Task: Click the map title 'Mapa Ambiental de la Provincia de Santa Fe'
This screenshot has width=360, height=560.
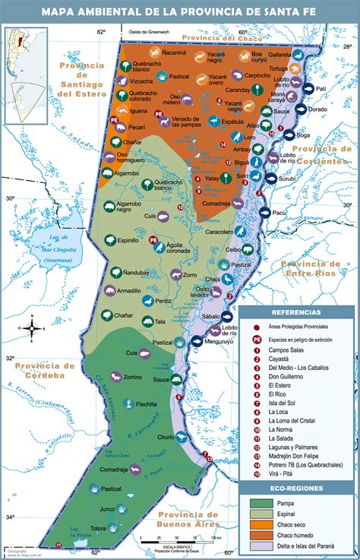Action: click(x=180, y=11)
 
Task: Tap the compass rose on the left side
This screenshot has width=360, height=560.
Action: click(x=32, y=327)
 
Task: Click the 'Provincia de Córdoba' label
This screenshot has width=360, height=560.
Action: click(x=43, y=370)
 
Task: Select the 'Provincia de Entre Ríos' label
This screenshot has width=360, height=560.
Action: click(x=318, y=268)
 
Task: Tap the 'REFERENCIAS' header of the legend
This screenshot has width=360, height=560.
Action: click(x=296, y=312)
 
